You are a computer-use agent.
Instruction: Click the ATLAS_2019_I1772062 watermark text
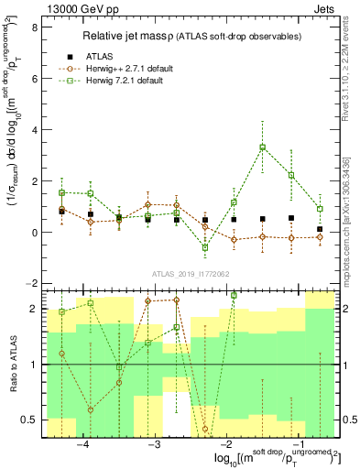tap(190, 274)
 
